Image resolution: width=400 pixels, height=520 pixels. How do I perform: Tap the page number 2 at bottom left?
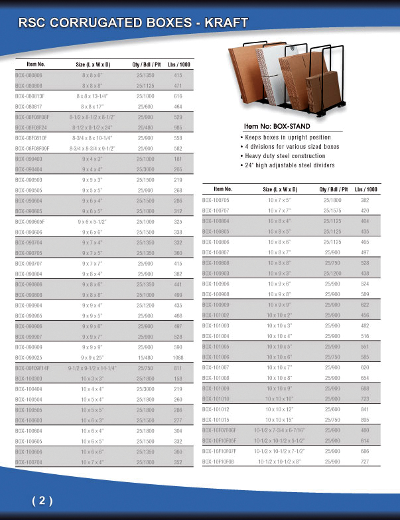coord(42,501)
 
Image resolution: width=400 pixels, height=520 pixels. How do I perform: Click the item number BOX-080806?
coord(29,76)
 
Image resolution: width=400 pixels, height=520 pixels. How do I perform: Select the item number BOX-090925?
coord(29,357)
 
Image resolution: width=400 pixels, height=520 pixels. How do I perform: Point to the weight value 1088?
coord(178,357)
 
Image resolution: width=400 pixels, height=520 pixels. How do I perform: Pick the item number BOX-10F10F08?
coord(218,460)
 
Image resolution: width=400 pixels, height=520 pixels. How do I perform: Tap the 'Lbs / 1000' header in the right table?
coord(366,189)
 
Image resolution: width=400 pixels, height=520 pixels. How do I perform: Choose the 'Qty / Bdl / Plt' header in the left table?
coord(147,64)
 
